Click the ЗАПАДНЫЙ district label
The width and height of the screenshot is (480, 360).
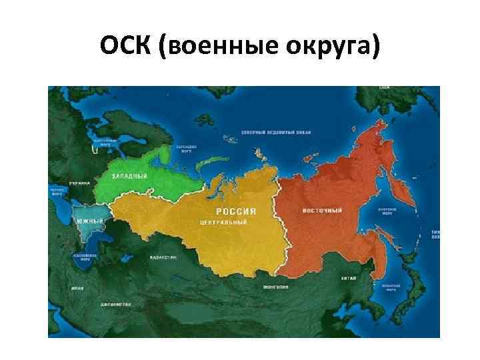[x=129, y=175]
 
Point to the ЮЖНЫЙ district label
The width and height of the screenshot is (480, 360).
[x=89, y=221]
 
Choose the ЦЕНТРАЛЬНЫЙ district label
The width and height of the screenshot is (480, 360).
[x=222, y=221]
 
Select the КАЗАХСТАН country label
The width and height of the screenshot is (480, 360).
[x=163, y=257]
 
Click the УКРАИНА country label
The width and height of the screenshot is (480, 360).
[x=79, y=182]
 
